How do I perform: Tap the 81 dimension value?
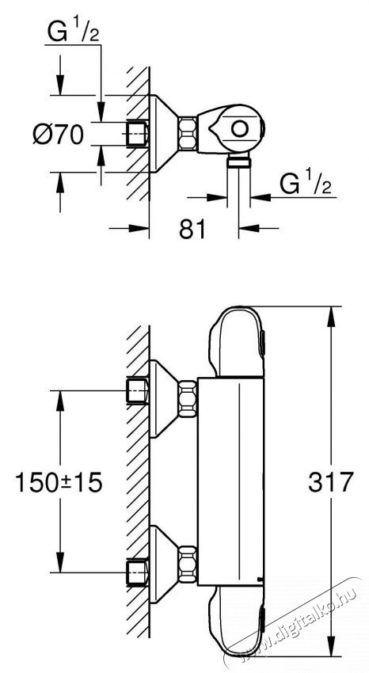pos(192,229)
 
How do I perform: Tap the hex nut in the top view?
pos(188,132)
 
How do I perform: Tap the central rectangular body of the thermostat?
pos(230,483)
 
